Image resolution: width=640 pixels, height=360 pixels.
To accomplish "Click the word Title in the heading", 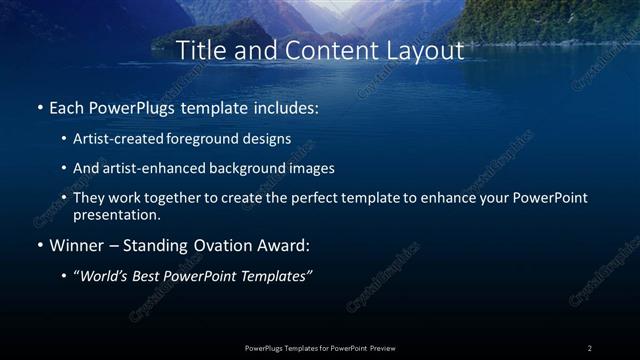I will pyautogui.click(x=198, y=49).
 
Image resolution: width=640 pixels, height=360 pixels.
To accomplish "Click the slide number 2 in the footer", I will pyautogui.click(x=590, y=348).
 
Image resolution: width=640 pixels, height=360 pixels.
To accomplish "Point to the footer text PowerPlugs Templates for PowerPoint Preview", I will pyautogui.click(x=319, y=348).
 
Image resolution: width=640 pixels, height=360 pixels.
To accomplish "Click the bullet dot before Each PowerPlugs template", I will pyautogui.click(x=40, y=106).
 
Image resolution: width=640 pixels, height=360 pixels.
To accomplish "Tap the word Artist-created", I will pyautogui.click(x=126, y=138).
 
